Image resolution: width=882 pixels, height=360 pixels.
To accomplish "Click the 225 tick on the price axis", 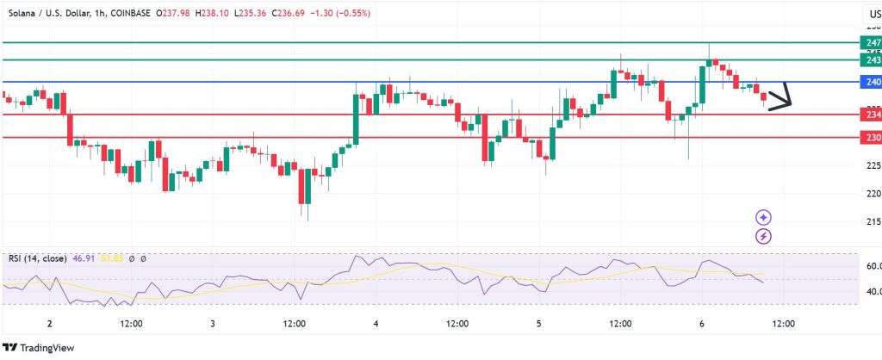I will (872, 165).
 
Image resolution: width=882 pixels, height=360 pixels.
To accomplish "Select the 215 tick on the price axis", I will (872, 222).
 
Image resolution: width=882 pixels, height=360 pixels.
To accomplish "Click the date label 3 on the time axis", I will (212, 324).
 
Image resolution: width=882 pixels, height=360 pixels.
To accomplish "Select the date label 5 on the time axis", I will (538, 324).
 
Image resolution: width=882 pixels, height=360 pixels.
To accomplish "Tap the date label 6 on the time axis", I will (702, 324).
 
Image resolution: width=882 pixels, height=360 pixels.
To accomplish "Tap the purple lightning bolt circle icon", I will (763, 235).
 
